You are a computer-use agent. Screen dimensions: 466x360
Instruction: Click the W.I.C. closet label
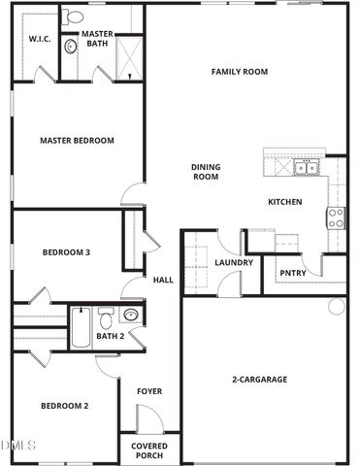point(39,40)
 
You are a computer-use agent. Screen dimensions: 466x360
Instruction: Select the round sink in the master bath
point(70,46)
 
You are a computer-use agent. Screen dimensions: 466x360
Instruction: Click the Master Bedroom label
point(77,141)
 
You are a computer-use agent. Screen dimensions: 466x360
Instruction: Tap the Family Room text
point(240,72)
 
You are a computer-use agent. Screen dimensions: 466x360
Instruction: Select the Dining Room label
point(206,172)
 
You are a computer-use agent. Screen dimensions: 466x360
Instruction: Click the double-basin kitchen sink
point(306,169)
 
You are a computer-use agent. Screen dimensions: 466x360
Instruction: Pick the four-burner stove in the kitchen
point(337,217)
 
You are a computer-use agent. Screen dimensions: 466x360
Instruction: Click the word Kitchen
point(285,202)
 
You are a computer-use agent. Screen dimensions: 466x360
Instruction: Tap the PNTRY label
point(292,273)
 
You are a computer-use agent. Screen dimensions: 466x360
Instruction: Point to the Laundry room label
point(234,262)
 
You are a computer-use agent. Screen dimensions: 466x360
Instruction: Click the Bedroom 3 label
point(66,252)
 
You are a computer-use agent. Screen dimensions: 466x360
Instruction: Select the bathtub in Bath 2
point(80,327)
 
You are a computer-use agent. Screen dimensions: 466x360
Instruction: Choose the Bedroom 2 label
point(64,406)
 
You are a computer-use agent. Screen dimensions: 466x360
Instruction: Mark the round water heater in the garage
point(336,306)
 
